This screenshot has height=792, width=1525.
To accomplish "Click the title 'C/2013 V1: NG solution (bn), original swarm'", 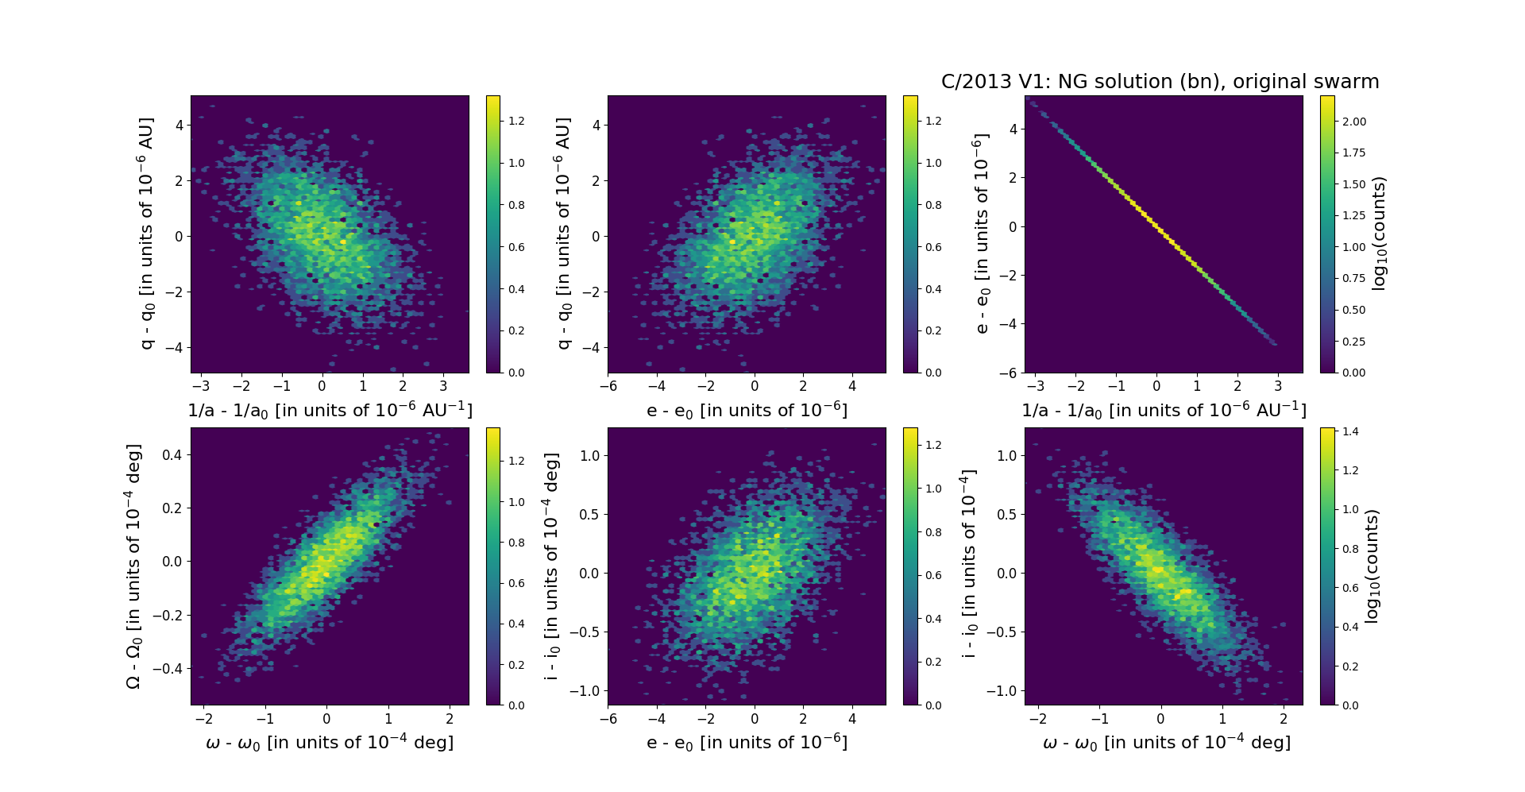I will point(1160,82).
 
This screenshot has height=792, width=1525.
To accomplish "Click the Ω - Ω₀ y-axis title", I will point(133,566).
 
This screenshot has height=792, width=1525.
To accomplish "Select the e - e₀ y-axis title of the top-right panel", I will point(983,234).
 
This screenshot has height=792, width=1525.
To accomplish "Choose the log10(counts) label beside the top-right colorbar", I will point(1379,234).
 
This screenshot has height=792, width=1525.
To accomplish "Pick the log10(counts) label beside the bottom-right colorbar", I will point(1372,566).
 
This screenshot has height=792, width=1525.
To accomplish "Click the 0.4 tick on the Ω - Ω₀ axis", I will point(172,455).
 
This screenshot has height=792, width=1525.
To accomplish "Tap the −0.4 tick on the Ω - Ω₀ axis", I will point(168,669).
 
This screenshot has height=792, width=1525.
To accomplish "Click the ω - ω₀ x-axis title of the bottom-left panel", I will point(330,743).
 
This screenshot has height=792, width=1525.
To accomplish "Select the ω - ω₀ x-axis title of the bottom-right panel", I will point(1166,743).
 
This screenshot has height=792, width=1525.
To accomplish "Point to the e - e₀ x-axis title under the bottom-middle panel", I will point(747,743).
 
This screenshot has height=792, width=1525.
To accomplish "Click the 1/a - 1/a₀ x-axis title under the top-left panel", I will point(330,411).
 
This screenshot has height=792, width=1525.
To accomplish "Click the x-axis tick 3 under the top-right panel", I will point(1278,387).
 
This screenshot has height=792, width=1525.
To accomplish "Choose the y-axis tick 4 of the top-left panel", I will point(180,126).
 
